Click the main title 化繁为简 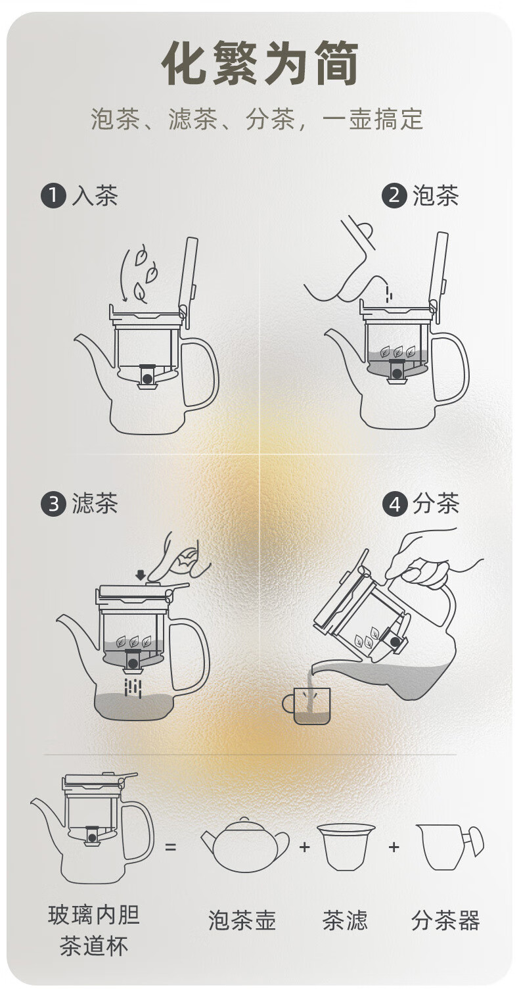(259, 63)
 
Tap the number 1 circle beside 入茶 (53, 196)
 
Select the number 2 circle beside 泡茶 (394, 196)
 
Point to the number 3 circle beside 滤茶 (53, 504)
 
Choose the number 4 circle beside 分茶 (394, 504)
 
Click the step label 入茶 (95, 196)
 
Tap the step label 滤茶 (95, 504)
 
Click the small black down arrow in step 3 (141, 575)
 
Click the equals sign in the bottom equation (170, 846)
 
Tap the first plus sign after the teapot (304, 846)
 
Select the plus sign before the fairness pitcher (394, 846)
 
